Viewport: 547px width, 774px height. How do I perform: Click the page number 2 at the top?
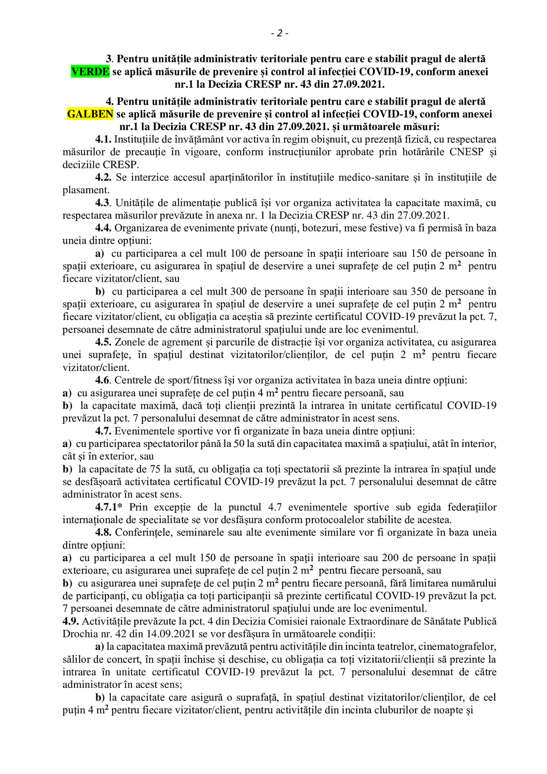(279, 34)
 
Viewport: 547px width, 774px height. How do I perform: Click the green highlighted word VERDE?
(90, 71)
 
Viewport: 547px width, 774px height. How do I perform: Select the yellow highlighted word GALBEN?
(90, 114)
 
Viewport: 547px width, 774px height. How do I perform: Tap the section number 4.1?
(103, 140)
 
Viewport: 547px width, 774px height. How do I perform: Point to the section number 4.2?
(103, 177)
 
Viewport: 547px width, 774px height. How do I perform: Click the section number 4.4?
(103, 228)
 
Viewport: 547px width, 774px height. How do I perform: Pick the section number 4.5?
(103, 342)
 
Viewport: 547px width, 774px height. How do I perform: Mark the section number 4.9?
(71, 621)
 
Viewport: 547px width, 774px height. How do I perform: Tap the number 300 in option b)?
(239, 292)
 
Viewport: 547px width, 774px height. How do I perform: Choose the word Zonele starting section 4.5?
(129, 342)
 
